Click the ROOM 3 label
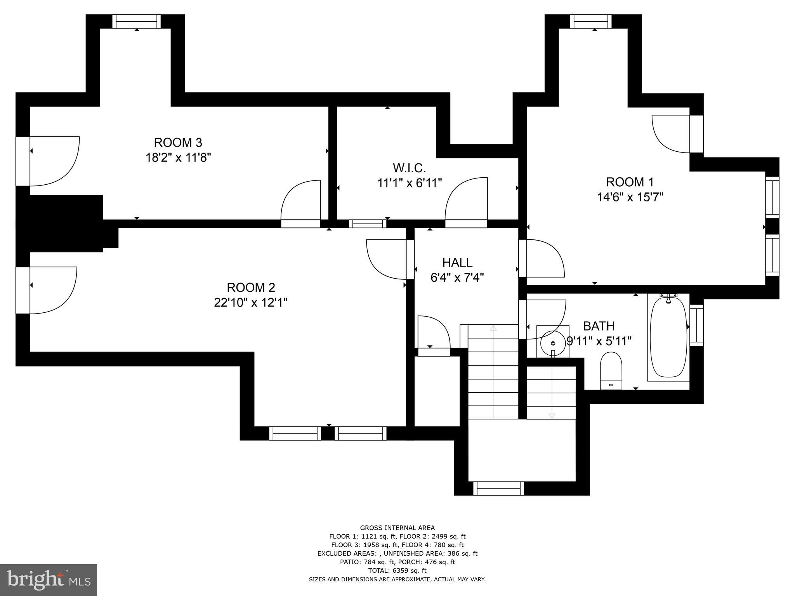pyautogui.click(x=178, y=142)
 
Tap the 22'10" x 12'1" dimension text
pyautogui.click(x=251, y=302)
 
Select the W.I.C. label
pyautogui.click(x=409, y=168)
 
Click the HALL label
pyautogui.click(x=457, y=263)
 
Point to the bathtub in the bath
pyautogui.click(x=668, y=337)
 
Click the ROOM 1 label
pyautogui.click(x=630, y=182)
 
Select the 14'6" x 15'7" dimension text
pyautogui.click(x=630, y=197)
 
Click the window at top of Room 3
pyautogui.click(x=137, y=21)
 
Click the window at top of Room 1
pyautogui.click(x=590, y=21)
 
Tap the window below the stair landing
pyautogui.click(x=498, y=488)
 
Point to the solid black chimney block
pyautogui.click(x=62, y=223)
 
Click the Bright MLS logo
pyautogui.click(x=49, y=580)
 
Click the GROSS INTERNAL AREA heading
pyautogui.click(x=397, y=528)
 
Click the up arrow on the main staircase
pyautogui.click(x=493, y=328)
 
